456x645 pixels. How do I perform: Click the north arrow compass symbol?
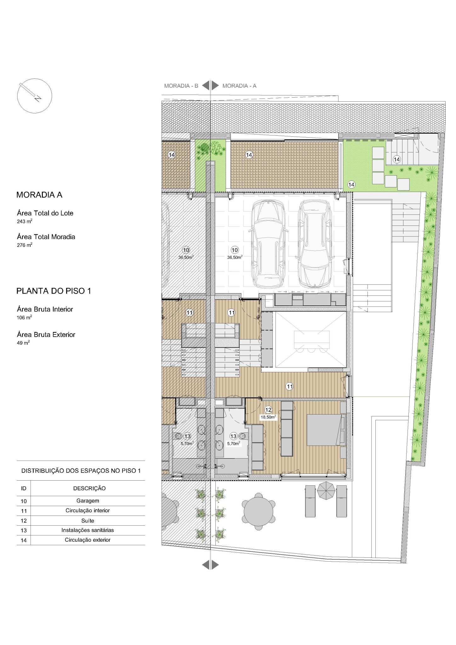34,96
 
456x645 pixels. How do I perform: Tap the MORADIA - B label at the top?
181,86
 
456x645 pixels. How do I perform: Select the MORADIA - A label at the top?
239,86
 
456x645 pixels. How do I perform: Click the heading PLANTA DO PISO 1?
54,291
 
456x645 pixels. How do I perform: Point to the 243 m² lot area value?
25,221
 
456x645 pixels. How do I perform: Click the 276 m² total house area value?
25,245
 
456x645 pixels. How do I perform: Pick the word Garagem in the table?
88,500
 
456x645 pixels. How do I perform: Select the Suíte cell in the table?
88,521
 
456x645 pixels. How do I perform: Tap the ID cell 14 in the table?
24,540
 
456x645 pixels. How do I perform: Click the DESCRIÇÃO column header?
89,488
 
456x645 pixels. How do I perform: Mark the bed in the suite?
324,430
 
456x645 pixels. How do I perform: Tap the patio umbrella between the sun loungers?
326,490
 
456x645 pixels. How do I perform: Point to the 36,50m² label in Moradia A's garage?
235,257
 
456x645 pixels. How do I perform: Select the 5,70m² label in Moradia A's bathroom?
234,443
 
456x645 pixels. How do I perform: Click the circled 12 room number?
268,410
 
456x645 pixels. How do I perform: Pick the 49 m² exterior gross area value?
23,343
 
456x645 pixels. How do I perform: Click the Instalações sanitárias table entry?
88,530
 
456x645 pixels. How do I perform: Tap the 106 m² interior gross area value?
24,317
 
